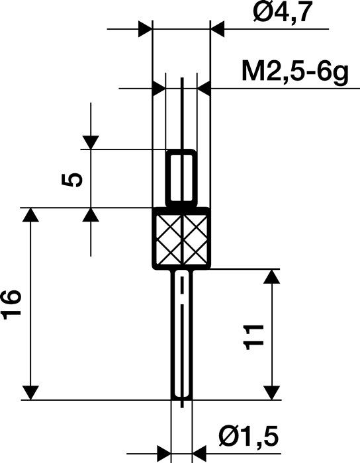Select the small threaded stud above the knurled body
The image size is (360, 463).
click(181, 177)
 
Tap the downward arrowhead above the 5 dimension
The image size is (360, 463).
click(90, 142)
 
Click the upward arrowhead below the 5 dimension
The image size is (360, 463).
click(90, 215)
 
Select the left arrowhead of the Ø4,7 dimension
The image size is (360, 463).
click(145, 29)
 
